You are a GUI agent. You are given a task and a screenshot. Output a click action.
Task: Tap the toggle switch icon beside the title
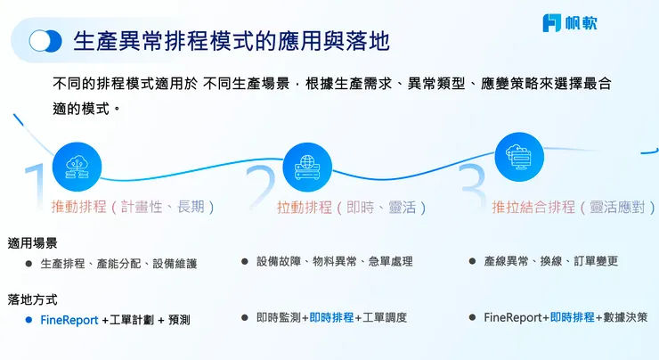[45, 41]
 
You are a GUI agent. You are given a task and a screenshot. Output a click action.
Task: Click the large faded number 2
[261, 189]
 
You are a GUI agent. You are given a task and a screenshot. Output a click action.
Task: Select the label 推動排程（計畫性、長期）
[134, 207]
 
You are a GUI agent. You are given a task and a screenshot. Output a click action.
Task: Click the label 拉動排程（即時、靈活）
[352, 207]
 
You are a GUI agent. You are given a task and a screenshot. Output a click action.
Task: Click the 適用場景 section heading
[33, 243]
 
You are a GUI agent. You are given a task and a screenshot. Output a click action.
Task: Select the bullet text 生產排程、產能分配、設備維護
[118, 264]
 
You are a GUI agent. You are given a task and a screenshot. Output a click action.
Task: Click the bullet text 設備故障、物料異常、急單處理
[334, 262]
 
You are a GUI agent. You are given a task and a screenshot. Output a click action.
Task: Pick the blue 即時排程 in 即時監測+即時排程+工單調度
[331, 317]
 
